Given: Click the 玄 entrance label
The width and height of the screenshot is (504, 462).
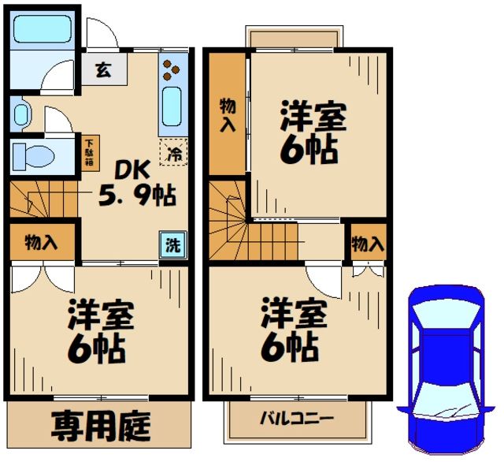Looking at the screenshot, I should click(103, 69).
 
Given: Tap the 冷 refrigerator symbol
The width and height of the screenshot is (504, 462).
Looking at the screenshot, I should click(174, 152).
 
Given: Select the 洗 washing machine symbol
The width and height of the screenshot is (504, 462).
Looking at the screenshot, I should click(172, 244).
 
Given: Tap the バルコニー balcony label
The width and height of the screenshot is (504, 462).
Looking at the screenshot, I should click(297, 418).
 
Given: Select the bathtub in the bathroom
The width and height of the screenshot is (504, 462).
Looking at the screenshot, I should click(44, 28).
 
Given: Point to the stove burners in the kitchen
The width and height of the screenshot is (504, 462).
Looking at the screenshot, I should click(170, 70).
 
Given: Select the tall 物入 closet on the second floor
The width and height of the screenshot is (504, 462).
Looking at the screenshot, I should click(228, 115).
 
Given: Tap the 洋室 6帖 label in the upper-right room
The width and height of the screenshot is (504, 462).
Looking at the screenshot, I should click(313, 132).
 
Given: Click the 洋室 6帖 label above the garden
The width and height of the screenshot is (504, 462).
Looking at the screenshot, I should click(100, 330).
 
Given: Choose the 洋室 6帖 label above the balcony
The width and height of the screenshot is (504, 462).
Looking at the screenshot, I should click(294, 329).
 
